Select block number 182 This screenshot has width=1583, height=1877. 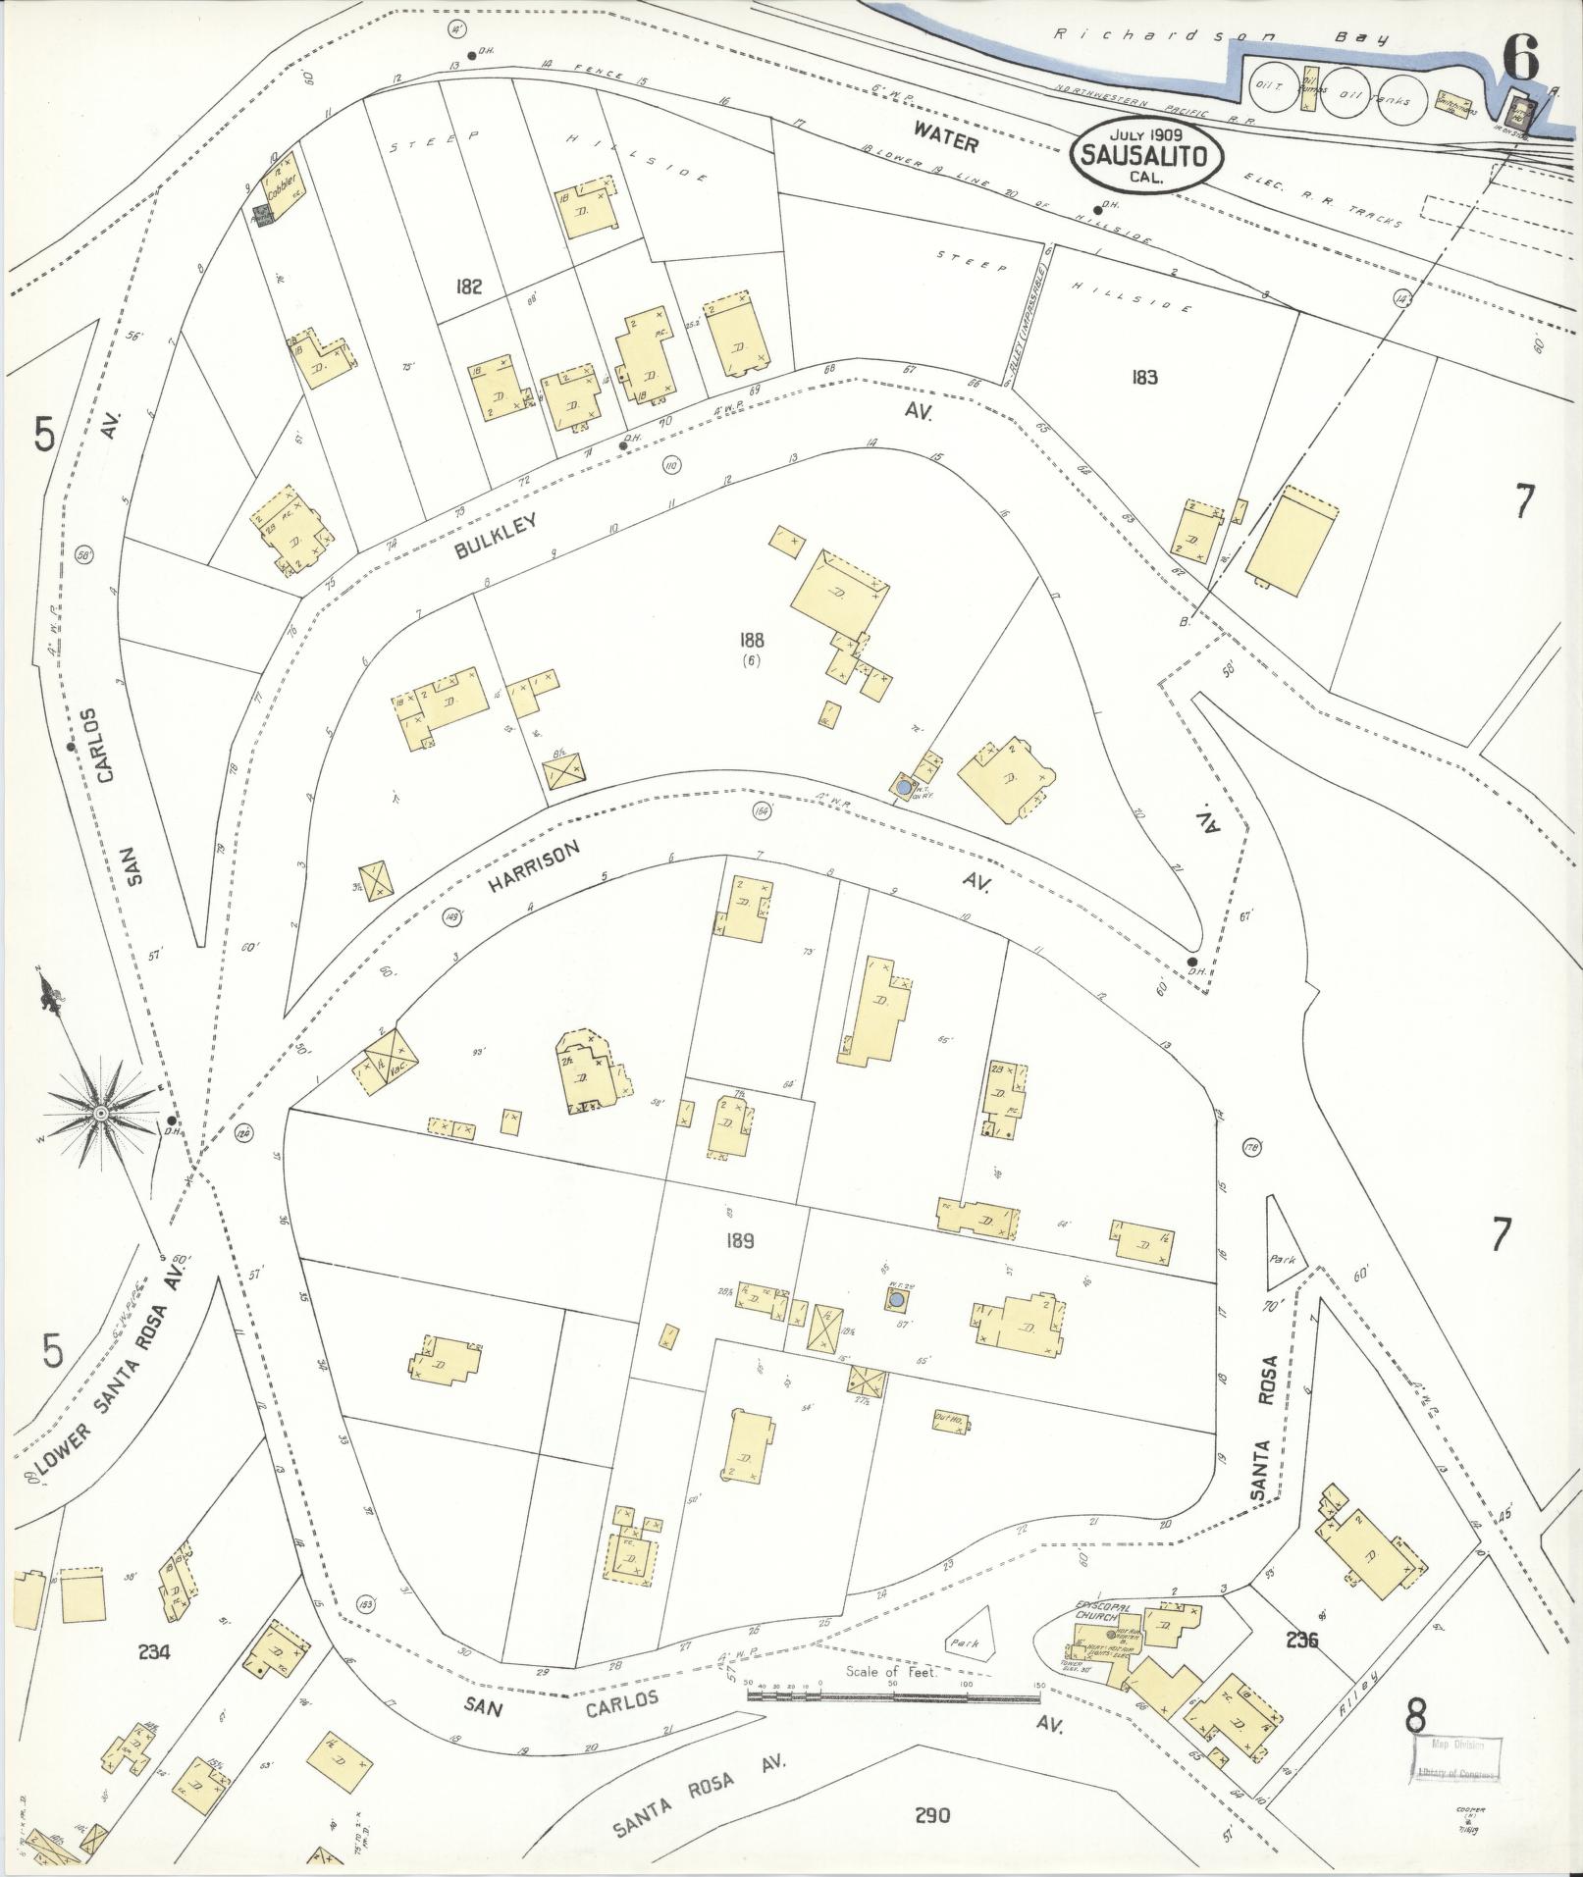tap(469, 287)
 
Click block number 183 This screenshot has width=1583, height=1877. tap(1144, 376)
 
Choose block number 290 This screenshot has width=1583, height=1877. tap(930, 1815)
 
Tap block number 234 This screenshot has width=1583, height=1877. tap(154, 1651)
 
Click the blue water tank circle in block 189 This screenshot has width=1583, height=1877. tap(895, 1301)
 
